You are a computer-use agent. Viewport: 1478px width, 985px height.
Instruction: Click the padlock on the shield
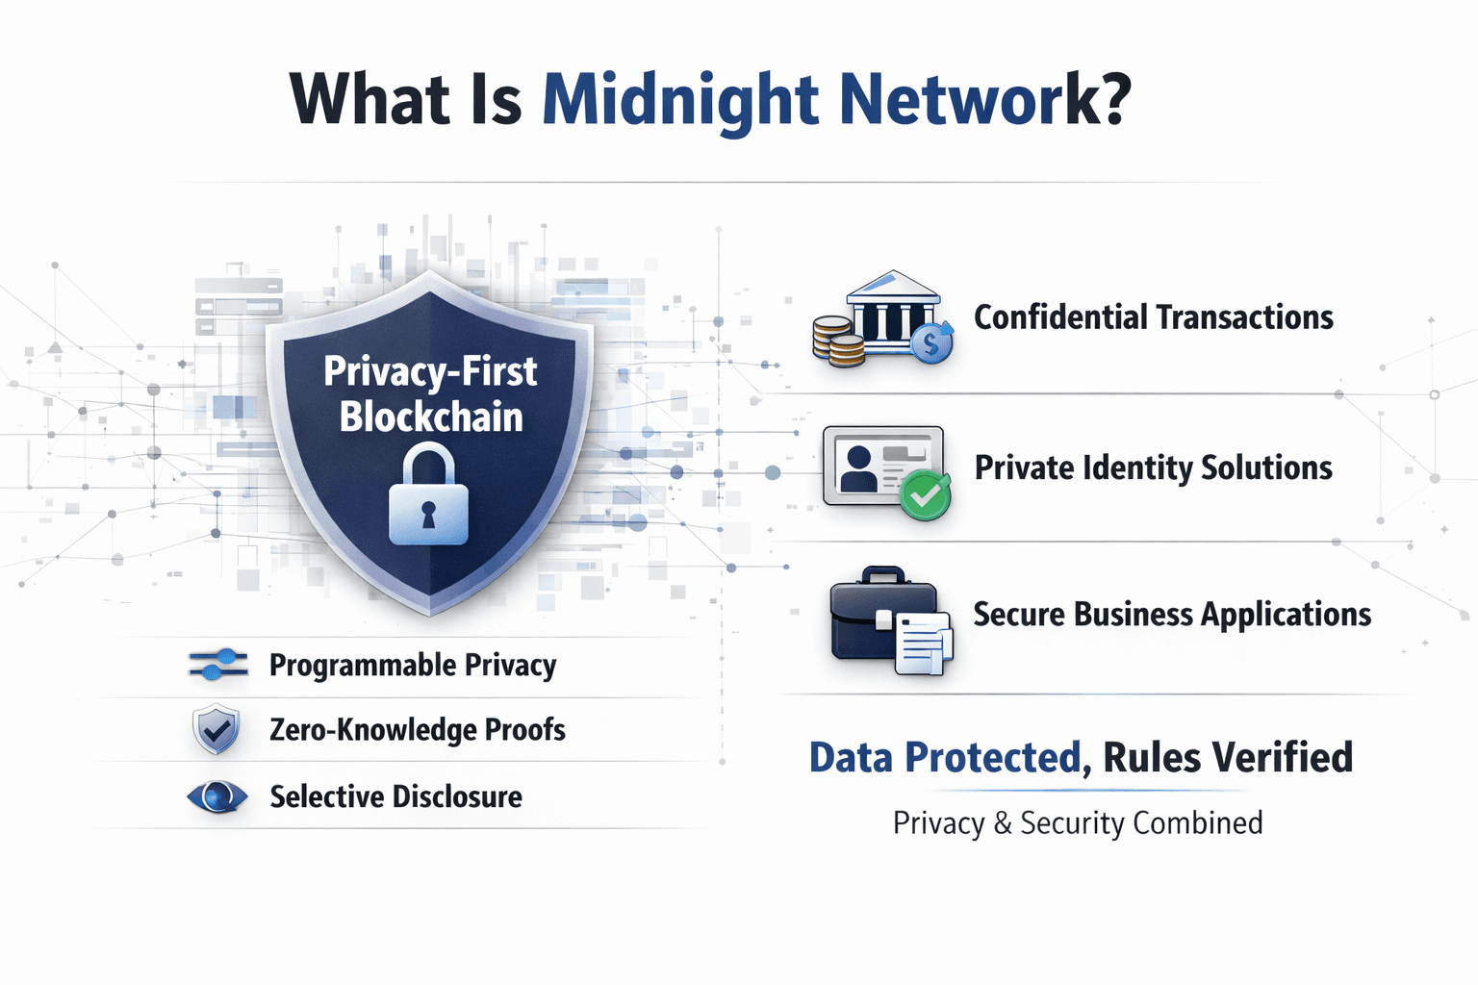coord(429,493)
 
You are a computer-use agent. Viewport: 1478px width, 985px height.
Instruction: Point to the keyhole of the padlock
coord(429,515)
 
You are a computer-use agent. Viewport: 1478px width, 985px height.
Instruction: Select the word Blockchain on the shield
coord(431,417)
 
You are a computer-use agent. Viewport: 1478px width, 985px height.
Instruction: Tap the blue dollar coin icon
coord(931,343)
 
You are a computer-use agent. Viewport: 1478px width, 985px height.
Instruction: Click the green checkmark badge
coord(925,495)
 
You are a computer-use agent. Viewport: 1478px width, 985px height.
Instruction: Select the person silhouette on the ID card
coord(858,468)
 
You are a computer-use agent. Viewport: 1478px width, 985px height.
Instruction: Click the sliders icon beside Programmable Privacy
coord(218,665)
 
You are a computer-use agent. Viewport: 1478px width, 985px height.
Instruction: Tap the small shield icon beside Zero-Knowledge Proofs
coord(216,729)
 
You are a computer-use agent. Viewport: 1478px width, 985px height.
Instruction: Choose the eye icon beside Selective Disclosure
coord(217,797)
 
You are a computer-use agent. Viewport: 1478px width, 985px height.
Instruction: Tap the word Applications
coord(1286,616)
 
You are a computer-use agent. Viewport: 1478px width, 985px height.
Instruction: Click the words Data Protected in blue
coord(945,757)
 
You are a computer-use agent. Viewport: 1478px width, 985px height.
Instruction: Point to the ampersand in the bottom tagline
coord(1003,823)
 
